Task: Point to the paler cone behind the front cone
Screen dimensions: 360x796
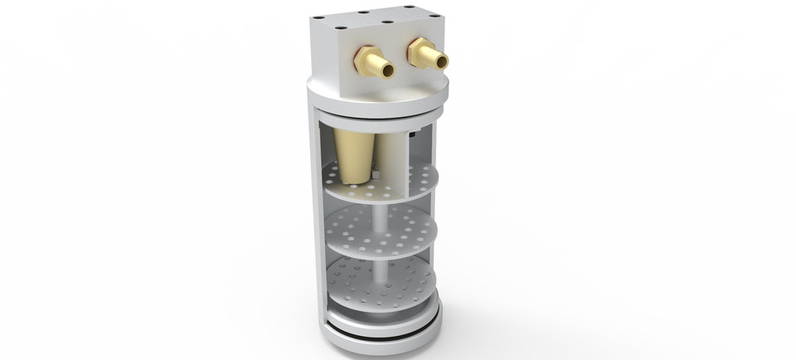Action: (x=388, y=153)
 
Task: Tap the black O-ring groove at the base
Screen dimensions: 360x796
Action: (x=381, y=327)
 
